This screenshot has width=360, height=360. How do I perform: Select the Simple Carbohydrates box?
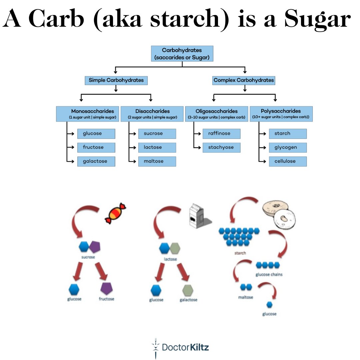(x=116, y=80)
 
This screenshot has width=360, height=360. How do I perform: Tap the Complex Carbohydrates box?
(x=244, y=80)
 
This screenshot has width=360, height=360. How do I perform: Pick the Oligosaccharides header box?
(x=217, y=114)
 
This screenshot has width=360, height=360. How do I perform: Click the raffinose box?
(x=221, y=133)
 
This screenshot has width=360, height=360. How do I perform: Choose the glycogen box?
(x=288, y=147)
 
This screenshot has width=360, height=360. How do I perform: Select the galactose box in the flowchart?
(x=96, y=161)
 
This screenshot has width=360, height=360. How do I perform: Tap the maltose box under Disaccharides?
(x=157, y=161)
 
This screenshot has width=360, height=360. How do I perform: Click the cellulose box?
(x=288, y=161)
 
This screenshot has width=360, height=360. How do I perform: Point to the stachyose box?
(x=221, y=147)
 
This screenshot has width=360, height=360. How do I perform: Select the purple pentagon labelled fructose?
(x=106, y=288)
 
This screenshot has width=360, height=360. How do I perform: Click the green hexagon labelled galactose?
(x=188, y=290)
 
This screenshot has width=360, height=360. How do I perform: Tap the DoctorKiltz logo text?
(x=185, y=348)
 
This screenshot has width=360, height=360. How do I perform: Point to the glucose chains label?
(x=269, y=275)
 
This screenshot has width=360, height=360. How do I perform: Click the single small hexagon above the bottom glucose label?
(x=269, y=305)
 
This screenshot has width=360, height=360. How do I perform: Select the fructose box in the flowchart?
(x=96, y=147)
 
